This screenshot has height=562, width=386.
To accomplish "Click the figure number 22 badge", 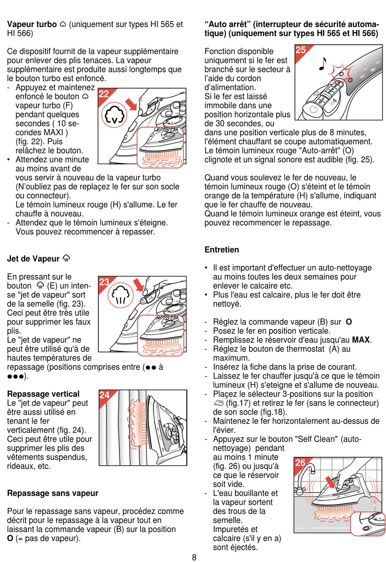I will pos(104,94).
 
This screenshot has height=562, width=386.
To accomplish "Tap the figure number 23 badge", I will pos(104,282).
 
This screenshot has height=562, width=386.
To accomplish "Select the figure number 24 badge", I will pos(105,395).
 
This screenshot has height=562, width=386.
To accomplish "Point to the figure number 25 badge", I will pos(301,50).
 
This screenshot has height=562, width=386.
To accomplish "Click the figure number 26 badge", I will pos(300,463).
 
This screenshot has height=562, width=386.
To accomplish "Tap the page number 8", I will pos(194,557).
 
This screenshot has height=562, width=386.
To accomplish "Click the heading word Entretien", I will pos(222,250).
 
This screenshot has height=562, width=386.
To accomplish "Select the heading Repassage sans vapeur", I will pos(53,493).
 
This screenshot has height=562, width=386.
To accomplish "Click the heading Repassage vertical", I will pos(43,394).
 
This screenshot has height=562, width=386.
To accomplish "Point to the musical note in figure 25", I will pos(323,63).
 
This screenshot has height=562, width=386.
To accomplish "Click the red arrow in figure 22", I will pos(131,104).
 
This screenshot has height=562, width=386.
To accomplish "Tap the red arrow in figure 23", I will pos(139,285).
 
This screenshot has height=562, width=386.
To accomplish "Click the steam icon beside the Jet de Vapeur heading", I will pos(66,258).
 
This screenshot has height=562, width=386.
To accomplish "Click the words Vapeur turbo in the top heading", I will pos(32,24).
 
